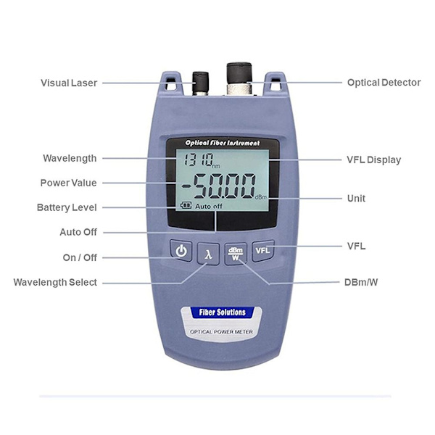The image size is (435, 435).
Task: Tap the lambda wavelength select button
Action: tap(208, 254)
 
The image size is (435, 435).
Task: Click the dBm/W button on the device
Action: tap(236, 254)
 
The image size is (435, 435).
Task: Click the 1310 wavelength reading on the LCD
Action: tap(199, 159)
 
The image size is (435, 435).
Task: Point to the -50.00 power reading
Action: tap(219, 186)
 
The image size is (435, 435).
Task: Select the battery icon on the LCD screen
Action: tap(186, 205)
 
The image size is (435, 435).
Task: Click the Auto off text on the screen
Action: tap(209, 206)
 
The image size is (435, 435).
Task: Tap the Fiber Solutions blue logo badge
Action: tap(223, 312)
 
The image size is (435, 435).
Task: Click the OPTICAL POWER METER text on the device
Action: tap(221, 332)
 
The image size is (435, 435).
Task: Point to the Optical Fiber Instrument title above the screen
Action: tap(223, 143)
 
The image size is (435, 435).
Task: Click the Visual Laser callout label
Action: tap(69, 83)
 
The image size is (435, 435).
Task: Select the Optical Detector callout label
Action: tap(384, 83)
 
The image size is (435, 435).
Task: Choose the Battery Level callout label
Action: tap(67, 207)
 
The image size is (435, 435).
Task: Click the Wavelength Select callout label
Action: tap(55, 282)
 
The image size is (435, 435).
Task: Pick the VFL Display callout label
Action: tap(373, 159)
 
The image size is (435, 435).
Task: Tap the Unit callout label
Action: tap(356, 199)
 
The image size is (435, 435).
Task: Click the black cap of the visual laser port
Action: tap(200, 82)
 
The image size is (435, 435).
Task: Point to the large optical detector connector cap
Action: tap(239, 73)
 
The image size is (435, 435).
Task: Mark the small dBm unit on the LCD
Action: tap(261, 197)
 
